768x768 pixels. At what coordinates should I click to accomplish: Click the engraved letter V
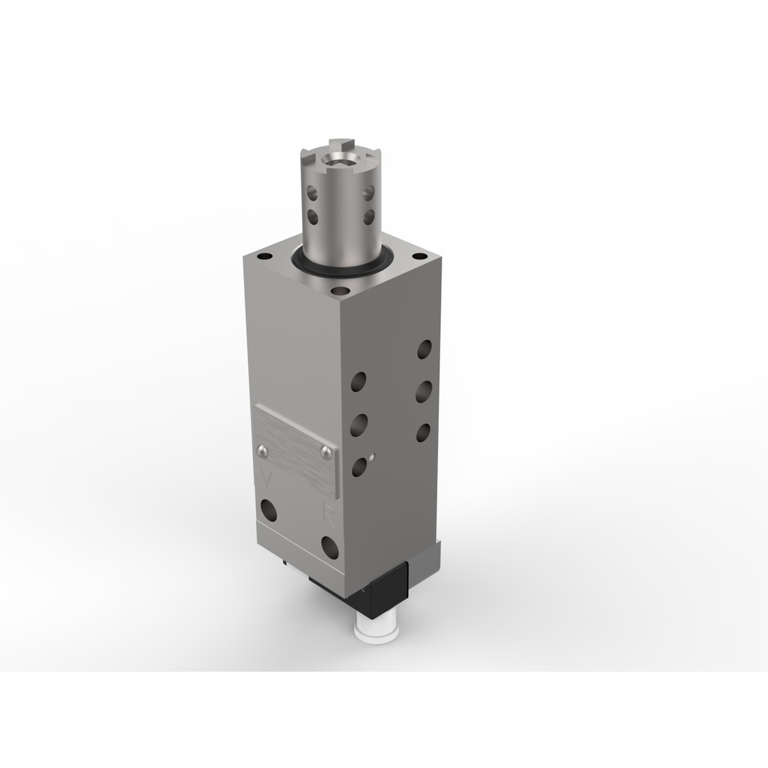(267, 477)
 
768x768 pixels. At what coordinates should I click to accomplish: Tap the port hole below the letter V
(269, 509)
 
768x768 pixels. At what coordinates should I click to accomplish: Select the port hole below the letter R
(330, 547)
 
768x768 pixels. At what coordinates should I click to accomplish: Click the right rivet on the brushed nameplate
(326, 452)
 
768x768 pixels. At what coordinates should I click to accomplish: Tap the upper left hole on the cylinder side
(311, 192)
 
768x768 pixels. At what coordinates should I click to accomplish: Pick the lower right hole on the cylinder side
(368, 216)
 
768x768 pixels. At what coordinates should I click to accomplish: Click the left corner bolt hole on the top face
(265, 256)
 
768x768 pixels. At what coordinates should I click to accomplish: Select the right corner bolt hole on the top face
(420, 256)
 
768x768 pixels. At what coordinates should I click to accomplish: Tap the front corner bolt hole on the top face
(341, 290)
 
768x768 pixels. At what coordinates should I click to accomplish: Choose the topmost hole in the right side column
(424, 349)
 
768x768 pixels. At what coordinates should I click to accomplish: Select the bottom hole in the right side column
(423, 432)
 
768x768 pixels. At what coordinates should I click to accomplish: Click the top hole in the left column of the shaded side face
(358, 382)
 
